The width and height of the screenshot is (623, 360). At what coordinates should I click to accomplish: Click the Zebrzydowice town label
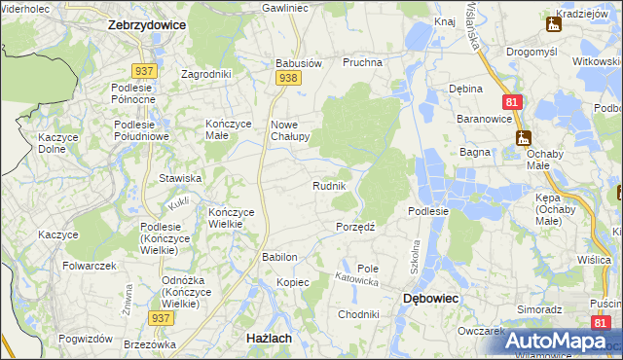(x=147, y=26)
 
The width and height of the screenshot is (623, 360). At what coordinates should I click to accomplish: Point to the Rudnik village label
(x=329, y=186)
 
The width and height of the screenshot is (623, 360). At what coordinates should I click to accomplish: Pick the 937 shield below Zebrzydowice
(x=144, y=70)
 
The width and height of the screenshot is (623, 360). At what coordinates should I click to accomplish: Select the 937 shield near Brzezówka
(x=162, y=317)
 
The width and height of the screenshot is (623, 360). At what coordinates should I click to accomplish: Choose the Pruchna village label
(x=360, y=62)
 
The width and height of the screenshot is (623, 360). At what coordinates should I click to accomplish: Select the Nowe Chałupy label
(x=289, y=130)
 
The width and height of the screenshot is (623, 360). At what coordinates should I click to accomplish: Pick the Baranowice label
(x=486, y=119)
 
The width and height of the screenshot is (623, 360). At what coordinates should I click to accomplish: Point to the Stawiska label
(x=180, y=178)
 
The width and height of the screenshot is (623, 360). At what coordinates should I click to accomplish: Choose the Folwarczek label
(x=90, y=266)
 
